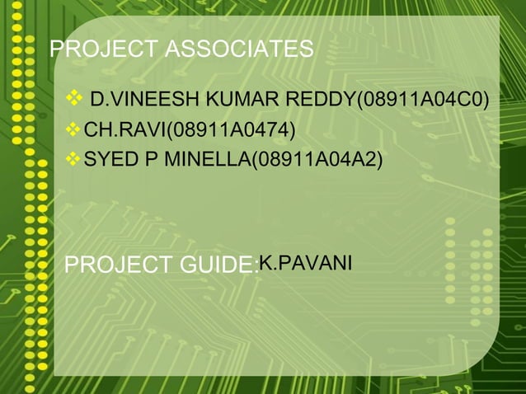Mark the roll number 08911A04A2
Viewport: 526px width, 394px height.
tap(316, 158)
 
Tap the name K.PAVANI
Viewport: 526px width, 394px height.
tap(306, 263)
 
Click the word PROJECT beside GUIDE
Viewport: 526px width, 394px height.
tap(117, 266)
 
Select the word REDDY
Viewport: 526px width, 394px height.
tap(319, 102)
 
